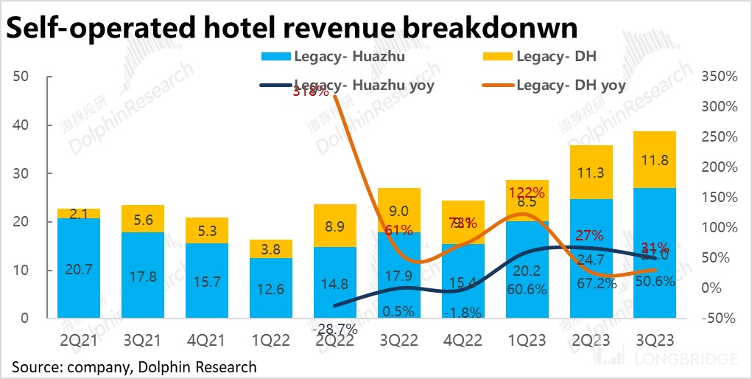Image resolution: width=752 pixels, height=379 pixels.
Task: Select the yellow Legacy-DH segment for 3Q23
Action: [x=655, y=159]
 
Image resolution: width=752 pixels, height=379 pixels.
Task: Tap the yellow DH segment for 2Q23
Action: [x=591, y=172]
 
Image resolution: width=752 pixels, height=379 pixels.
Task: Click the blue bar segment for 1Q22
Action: [x=272, y=288]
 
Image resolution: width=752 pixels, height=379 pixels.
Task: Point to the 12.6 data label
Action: [x=272, y=289]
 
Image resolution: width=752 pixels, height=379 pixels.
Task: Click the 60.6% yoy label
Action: [x=527, y=290]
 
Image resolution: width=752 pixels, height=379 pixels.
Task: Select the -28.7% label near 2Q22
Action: [x=335, y=327]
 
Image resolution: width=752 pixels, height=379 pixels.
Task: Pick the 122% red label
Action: [x=527, y=193]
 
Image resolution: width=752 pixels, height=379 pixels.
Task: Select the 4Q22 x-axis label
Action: [x=463, y=341]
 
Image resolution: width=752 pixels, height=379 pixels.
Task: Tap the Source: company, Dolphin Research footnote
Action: [x=134, y=366]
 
